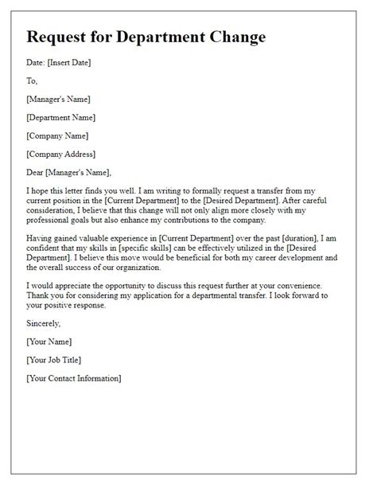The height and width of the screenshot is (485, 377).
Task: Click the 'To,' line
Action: (32, 81)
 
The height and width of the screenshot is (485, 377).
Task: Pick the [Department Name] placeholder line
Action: (63, 117)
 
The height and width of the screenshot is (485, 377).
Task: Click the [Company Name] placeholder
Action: (57, 135)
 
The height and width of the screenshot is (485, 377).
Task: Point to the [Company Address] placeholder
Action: (60, 154)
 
